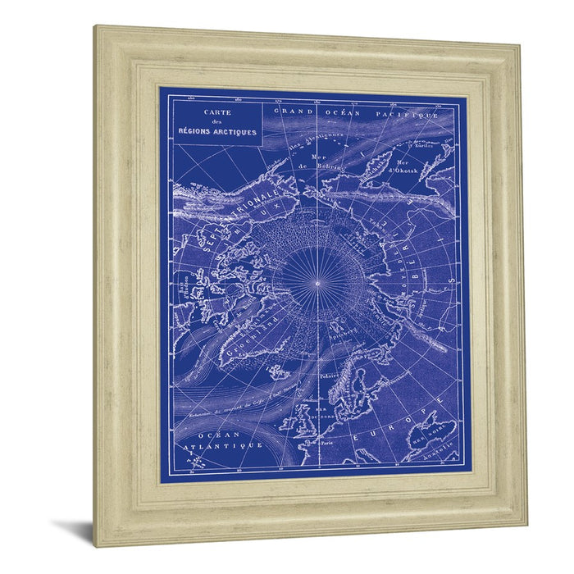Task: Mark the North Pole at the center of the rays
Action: click(x=317, y=283)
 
